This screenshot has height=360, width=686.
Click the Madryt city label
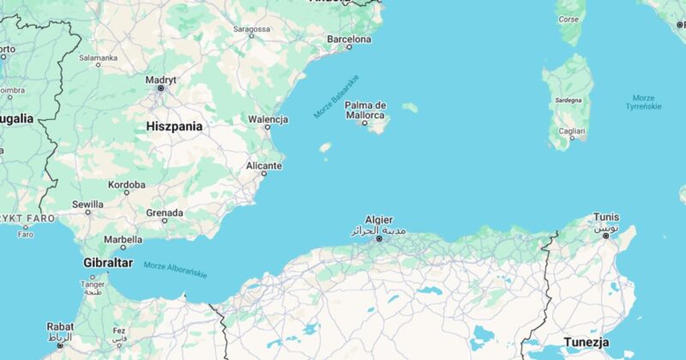pyautogui.click(x=160, y=80)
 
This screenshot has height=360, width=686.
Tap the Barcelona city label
pyautogui.click(x=349, y=39)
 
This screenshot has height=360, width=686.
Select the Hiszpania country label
pyautogui.click(x=174, y=126)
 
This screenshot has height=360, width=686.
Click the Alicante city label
pyautogui.click(x=264, y=165)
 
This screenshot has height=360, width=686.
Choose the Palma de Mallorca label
pyautogui.click(x=365, y=110)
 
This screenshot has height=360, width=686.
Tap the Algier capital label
pyautogui.click(x=378, y=219)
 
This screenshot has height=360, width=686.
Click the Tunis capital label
pyautogui.click(x=606, y=217)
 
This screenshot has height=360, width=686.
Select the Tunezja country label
pyautogui.click(x=587, y=343)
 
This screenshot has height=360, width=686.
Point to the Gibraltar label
pyautogui.click(x=108, y=262)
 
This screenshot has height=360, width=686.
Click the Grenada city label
pyautogui.click(x=165, y=212)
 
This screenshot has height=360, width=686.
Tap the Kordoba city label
pyautogui.click(x=127, y=184)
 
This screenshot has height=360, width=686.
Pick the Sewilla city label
pyautogui.click(x=87, y=205)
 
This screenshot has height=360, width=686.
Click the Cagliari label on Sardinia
pyautogui.click(x=572, y=131)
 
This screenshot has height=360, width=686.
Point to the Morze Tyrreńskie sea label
pyautogui.click(x=644, y=102)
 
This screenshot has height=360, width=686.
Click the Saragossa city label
pyautogui.click(x=253, y=29)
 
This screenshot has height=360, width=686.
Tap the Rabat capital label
pyautogui.click(x=60, y=327)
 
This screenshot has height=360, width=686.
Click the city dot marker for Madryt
pyautogui.click(x=160, y=88)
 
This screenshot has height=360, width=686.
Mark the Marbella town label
pyautogui.click(x=123, y=240)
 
